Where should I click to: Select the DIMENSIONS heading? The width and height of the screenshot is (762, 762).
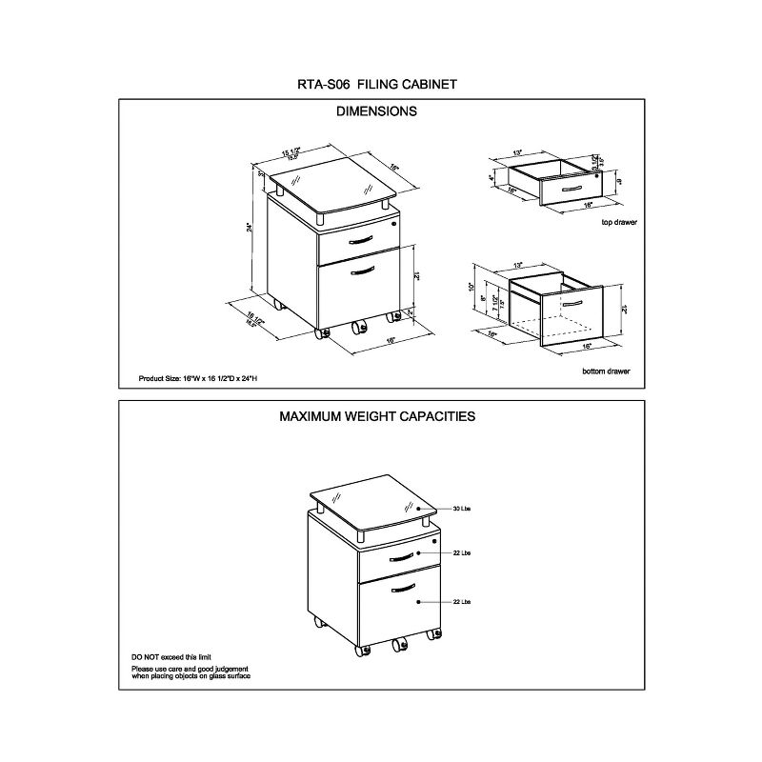[377, 111]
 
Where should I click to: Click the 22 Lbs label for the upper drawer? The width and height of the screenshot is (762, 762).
[464, 553]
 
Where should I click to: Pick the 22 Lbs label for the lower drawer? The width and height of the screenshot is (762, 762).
[464, 602]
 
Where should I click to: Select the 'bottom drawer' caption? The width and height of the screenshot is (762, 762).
[606, 371]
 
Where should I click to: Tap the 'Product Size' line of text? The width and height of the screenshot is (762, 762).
[199, 379]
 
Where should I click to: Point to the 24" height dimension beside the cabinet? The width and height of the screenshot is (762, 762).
[250, 228]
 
